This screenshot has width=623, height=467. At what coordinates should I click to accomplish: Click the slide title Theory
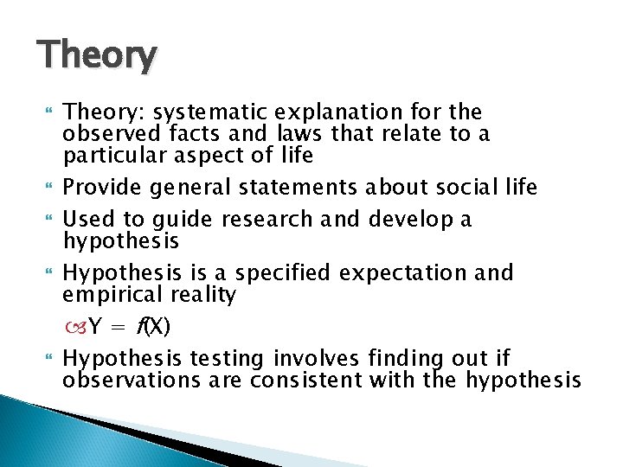[98, 56]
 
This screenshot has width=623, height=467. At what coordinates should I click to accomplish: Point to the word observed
[108, 133]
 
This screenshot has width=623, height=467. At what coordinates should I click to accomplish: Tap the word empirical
[108, 295]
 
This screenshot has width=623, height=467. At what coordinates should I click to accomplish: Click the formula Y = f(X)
[130, 327]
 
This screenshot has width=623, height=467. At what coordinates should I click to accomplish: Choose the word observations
[126, 380]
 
